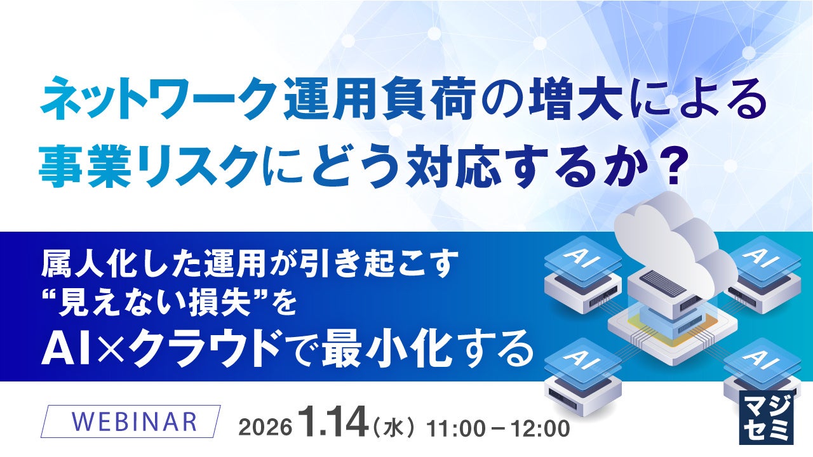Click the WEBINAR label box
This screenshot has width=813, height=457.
pyautogui.click(x=130, y=421)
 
